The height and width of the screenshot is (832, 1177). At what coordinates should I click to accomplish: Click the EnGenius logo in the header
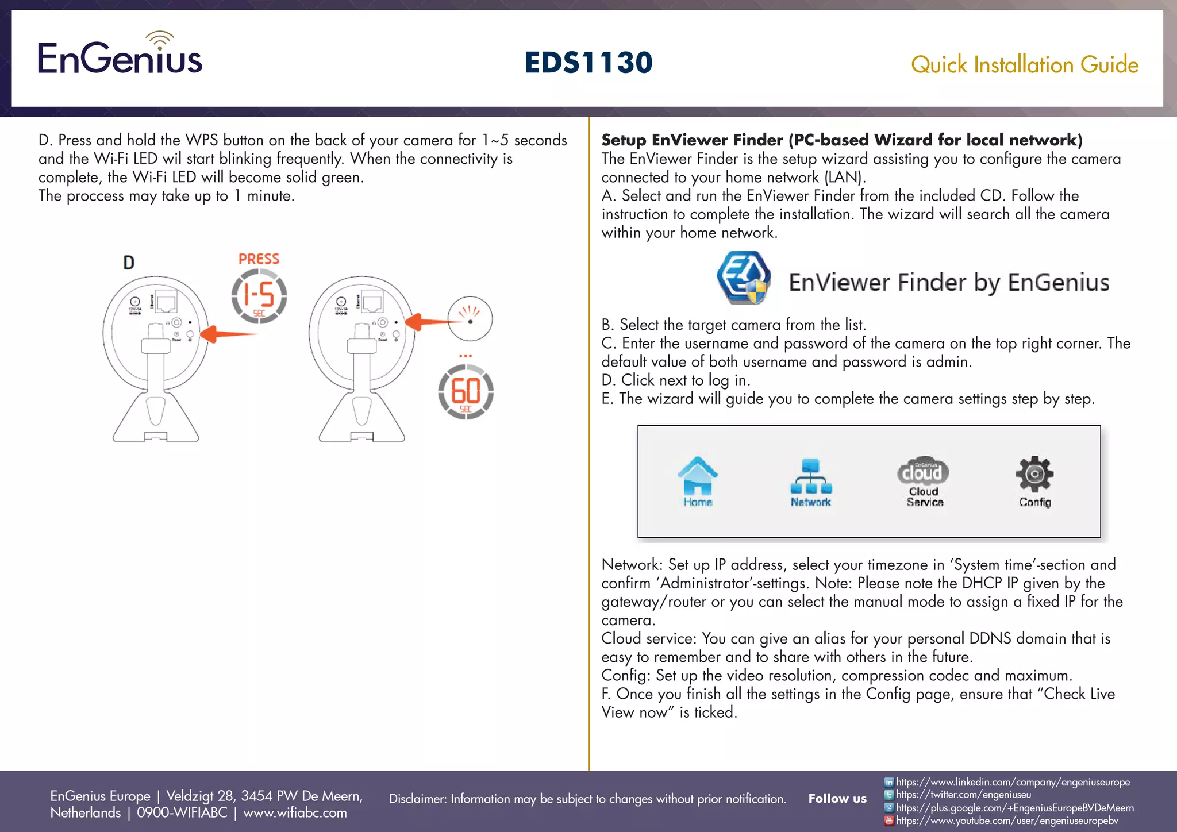pyautogui.click(x=120, y=55)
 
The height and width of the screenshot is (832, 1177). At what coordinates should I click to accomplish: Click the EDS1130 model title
pyautogui.click(x=588, y=63)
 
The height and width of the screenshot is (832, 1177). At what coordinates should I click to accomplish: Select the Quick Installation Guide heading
pyautogui.click(x=1024, y=65)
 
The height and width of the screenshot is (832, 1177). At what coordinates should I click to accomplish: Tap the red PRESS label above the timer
pyautogui.click(x=259, y=259)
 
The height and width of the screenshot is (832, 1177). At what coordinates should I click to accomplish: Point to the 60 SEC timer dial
pyautogui.click(x=466, y=392)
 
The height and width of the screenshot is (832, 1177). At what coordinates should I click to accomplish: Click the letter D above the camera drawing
pyautogui.click(x=129, y=263)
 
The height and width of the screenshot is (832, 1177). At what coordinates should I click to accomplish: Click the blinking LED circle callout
pyautogui.click(x=470, y=319)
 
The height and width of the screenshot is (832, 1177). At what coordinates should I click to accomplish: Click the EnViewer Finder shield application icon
pyautogui.click(x=744, y=278)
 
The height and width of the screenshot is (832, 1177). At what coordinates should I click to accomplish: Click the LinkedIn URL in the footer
pyautogui.click(x=1013, y=782)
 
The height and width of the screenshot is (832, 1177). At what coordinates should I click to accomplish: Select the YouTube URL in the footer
pyautogui.click(x=1007, y=821)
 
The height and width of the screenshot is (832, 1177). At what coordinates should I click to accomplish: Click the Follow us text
pyautogui.click(x=837, y=799)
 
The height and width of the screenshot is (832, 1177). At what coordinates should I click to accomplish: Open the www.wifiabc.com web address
pyautogui.click(x=295, y=813)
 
